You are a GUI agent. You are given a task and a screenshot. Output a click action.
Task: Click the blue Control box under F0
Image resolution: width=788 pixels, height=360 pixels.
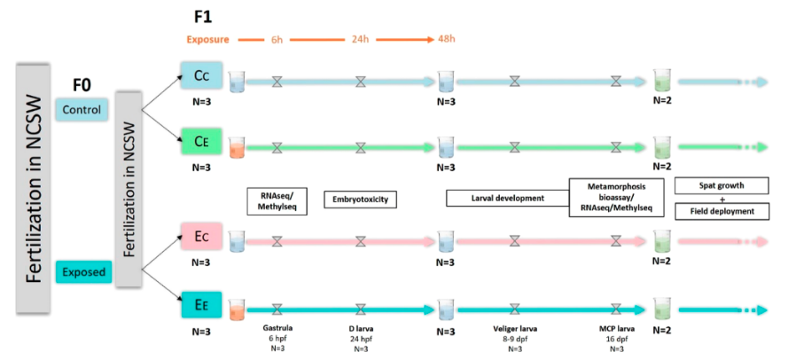tap(81, 109)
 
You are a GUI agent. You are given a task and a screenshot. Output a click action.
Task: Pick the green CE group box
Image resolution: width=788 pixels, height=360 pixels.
tap(202, 142)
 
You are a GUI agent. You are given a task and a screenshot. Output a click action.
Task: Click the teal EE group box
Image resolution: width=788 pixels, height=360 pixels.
tap(202, 304)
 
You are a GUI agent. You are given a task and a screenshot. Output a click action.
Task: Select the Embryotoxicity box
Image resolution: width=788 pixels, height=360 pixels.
tap(360, 200)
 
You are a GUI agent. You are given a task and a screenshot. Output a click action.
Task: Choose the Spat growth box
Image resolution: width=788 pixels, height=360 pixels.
tap(720, 186)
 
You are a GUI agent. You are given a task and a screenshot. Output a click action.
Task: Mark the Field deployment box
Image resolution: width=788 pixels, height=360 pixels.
tap(720, 212)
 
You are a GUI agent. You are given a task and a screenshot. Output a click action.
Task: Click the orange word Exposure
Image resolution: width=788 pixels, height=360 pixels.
tap(208, 40)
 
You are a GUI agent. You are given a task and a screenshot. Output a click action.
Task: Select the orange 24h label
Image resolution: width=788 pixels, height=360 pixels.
tap(360, 39)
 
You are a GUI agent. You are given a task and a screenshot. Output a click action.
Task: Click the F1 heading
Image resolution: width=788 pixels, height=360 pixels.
tap(202, 17)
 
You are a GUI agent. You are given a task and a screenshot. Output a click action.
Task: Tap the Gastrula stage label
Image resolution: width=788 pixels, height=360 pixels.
tap(277, 329)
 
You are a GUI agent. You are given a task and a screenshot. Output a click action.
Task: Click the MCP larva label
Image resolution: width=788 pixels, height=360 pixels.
tap(617, 329)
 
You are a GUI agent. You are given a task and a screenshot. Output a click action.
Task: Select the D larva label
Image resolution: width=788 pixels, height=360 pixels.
tap(360, 329)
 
